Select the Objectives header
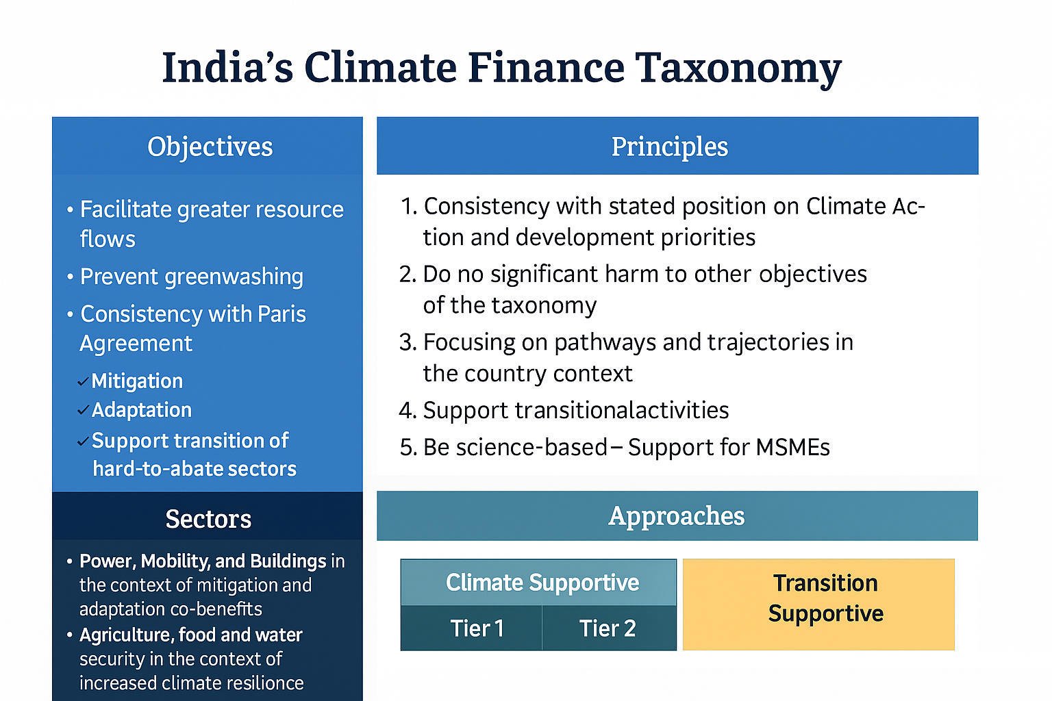click(x=210, y=146)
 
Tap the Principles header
click(x=669, y=146)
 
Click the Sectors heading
click(x=208, y=519)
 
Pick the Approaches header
click(x=676, y=516)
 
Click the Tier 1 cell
click(x=477, y=628)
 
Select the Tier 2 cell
click(x=608, y=628)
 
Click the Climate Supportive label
click(x=542, y=583)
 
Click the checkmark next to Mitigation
click(x=83, y=382)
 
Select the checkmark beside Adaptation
click(x=83, y=411)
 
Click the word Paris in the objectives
click(x=281, y=314)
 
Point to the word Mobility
click(x=174, y=561)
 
